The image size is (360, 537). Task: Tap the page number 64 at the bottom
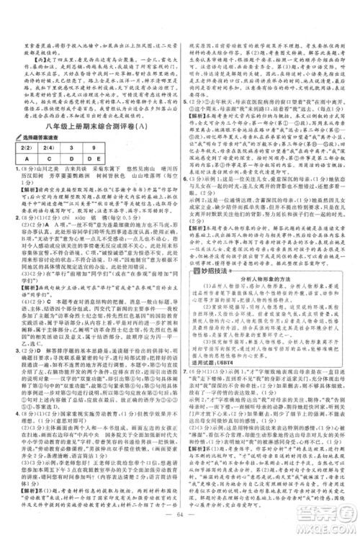(x=179, y=514)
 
